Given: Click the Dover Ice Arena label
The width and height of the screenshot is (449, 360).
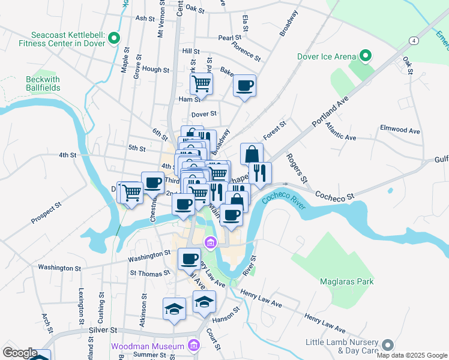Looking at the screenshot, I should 327,57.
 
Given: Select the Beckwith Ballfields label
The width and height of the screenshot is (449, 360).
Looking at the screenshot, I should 43,83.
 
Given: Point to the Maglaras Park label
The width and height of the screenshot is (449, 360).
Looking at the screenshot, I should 347,281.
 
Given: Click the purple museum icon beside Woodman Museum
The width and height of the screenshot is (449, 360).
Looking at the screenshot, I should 193,346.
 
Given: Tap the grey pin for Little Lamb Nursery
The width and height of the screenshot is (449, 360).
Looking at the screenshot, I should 388,345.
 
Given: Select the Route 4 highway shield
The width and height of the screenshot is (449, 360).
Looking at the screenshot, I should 414,40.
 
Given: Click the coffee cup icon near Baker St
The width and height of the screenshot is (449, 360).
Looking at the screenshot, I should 244,85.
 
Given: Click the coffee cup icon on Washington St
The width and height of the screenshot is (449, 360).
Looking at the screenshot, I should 189,259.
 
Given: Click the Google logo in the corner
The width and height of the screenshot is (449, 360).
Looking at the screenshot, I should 20,353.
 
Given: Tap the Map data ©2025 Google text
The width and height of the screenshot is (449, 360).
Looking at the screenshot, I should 411,355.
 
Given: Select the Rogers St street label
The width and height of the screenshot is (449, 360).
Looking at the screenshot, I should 297,169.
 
